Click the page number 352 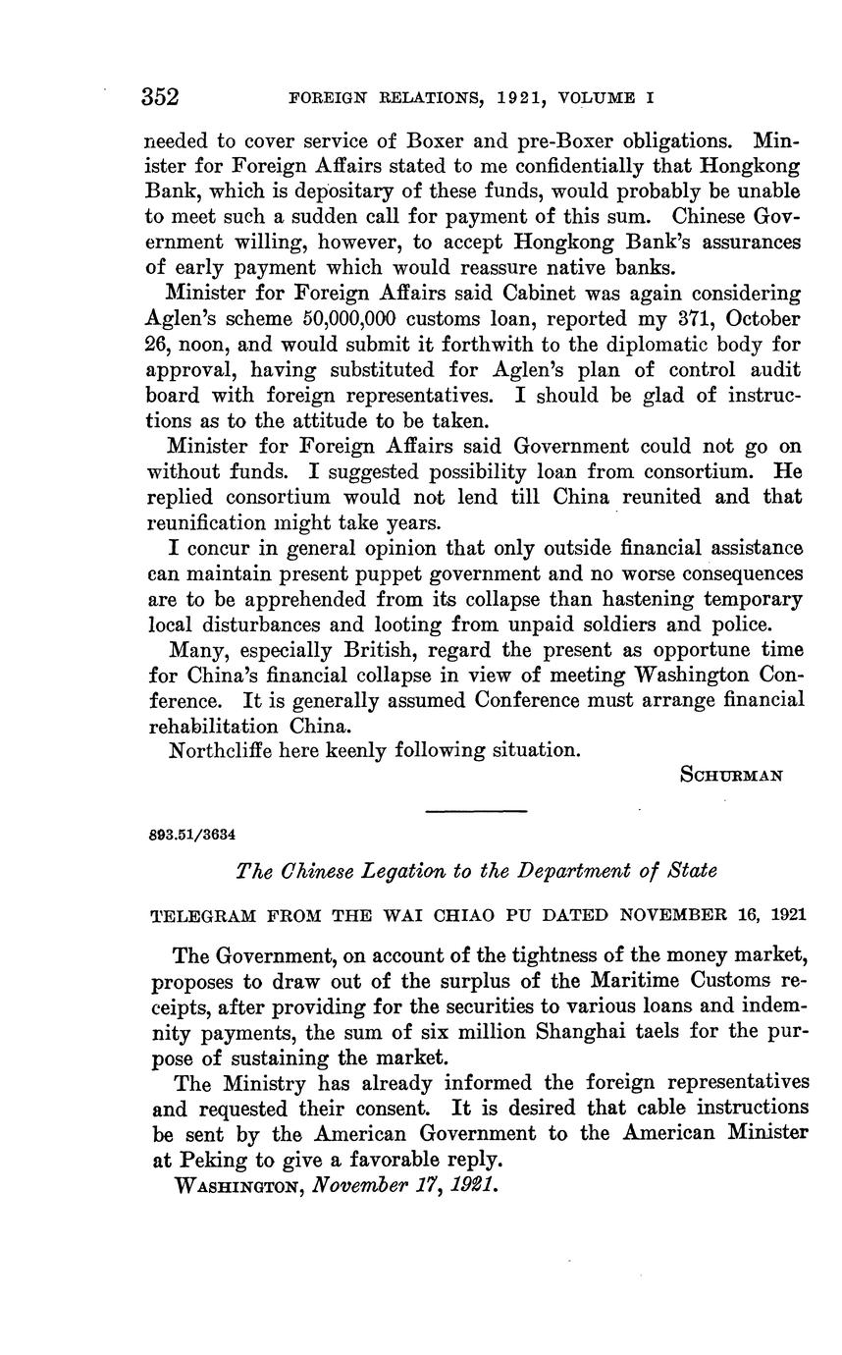[160, 97]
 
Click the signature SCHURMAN [731, 775]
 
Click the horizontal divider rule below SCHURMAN [477, 810]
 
